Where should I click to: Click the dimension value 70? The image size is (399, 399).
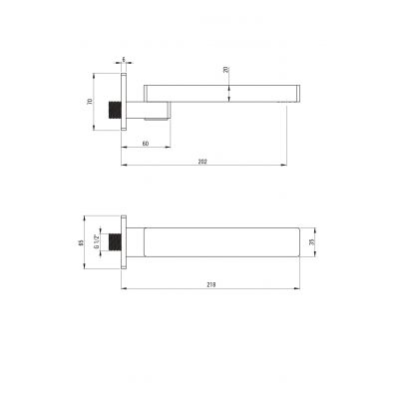(x=89, y=102)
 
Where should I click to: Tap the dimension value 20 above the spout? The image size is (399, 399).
(x=226, y=70)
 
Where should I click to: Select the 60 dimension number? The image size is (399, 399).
(x=146, y=144)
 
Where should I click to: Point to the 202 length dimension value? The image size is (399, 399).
(x=202, y=162)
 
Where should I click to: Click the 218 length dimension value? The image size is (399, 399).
(x=210, y=285)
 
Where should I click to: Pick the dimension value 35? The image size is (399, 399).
(x=311, y=242)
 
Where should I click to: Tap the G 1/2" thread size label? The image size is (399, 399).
(x=96, y=241)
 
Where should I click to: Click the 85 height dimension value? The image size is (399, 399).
(x=81, y=242)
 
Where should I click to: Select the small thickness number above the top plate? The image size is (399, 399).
(x=124, y=59)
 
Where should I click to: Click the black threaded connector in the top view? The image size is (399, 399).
(x=115, y=110)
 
